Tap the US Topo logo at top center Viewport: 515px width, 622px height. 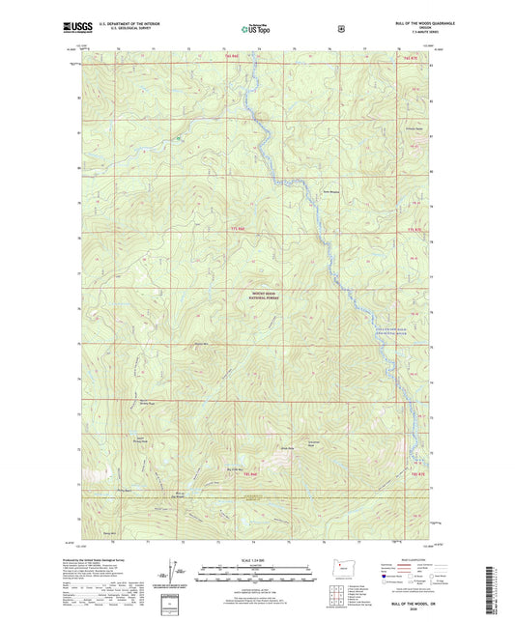(x=257, y=29)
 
